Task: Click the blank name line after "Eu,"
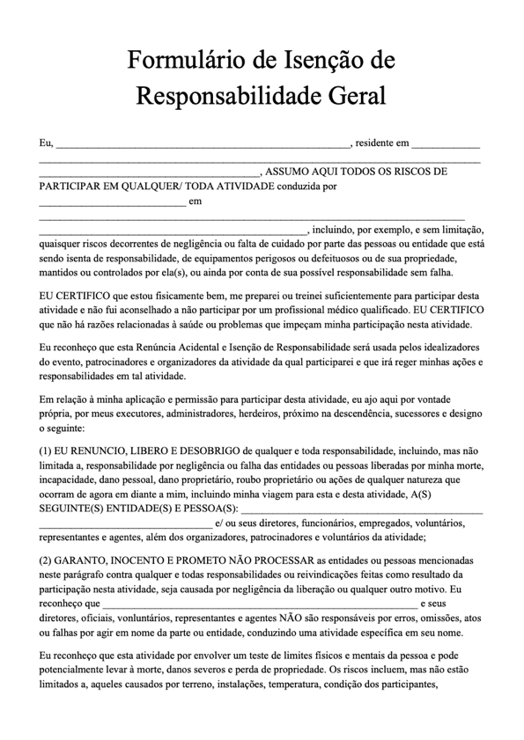pyautogui.click(x=203, y=144)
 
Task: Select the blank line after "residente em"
pyautogui.click(x=446, y=144)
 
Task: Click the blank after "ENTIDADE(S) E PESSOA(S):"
pyautogui.click(x=361, y=510)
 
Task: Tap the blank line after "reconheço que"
pyautogui.click(x=260, y=605)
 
